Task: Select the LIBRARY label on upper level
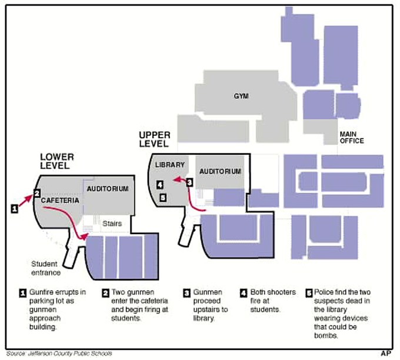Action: point(166,166)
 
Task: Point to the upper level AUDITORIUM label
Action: point(221,171)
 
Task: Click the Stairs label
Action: point(112,224)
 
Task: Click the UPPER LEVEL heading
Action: point(155,139)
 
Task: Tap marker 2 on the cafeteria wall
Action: point(36,192)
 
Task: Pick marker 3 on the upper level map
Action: point(189,182)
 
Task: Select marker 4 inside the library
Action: point(160,185)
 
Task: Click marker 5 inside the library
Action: point(163,198)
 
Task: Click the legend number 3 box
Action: point(187,292)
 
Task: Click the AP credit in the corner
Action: point(386,354)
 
